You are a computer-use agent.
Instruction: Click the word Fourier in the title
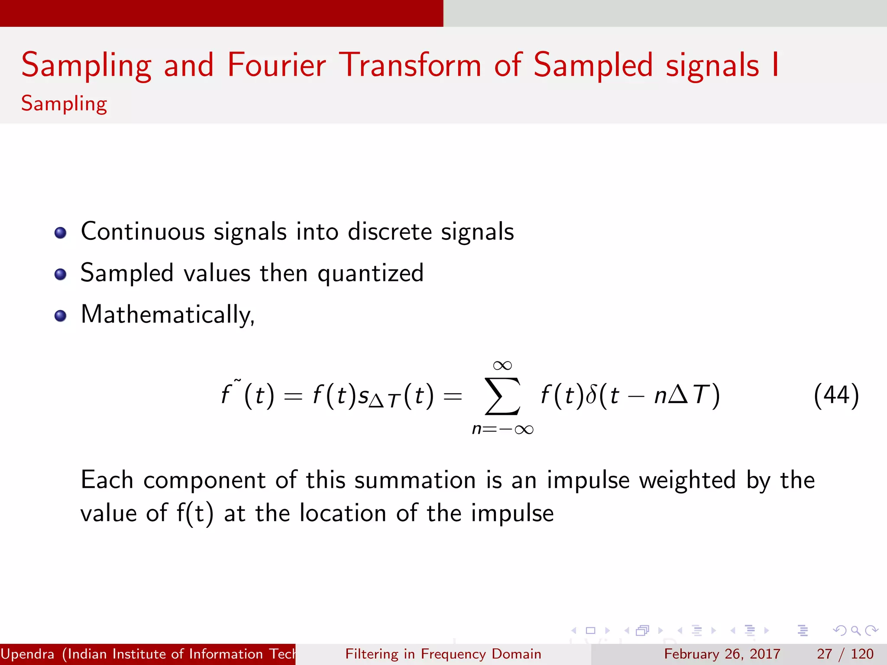(276, 65)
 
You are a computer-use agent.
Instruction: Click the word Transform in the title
(410, 65)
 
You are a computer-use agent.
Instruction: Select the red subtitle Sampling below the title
(64, 104)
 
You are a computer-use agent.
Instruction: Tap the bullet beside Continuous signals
(61, 233)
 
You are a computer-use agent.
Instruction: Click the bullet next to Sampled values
(61, 274)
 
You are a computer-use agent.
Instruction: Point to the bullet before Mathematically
(61, 316)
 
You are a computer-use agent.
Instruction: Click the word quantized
(370, 274)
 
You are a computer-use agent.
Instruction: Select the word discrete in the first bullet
(390, 232)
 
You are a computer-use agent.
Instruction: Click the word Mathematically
(168, 315)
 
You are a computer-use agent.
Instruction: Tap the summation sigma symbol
(502, 396)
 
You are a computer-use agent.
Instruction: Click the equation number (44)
(836, 396)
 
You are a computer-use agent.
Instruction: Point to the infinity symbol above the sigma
(502, 366)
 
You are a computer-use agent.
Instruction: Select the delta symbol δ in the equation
(591, 395)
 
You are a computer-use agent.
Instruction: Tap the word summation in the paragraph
(415, 480)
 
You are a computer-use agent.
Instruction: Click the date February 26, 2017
(722, 654)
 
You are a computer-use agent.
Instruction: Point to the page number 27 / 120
(845, 654)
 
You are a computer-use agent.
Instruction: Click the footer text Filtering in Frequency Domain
(443, 654)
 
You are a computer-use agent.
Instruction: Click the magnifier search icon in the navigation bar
(855, 630)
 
